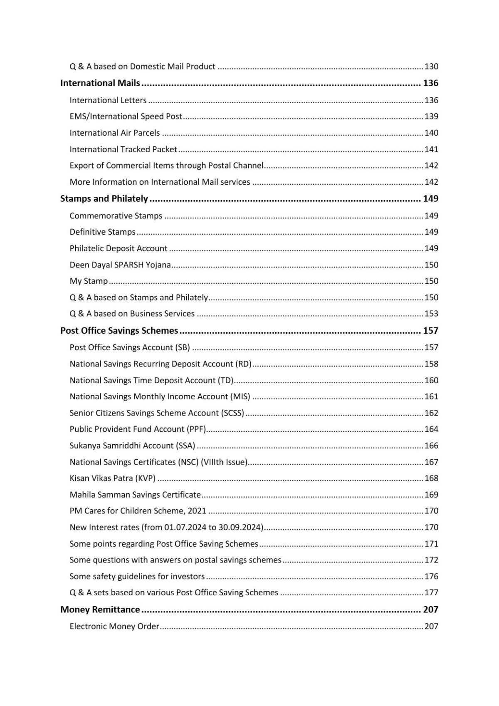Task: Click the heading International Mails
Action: [x=100, y=83]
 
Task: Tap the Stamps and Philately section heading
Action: [x=104, y=199]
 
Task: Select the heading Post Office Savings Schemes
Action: [x=119, y=331]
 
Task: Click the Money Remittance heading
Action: [x=100, y=609]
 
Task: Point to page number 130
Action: [x=431, y=67]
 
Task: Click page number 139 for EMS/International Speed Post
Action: [x=431, y=116]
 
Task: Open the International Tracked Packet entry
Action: [x=123, y=149]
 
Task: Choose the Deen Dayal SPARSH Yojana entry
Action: [x=120, y=265]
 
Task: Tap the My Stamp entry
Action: [x=89, y=281]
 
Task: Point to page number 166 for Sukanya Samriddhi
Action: [x=431, y=446]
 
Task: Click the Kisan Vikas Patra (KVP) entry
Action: [x=112, y=478]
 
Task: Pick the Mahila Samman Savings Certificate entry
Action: [x=135, y=495]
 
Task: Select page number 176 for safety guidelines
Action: [x=431, y=577]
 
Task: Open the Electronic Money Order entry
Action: [x=114, y=627]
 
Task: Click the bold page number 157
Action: [x=430, y=331]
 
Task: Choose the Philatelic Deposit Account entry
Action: [x=119, y=248]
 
